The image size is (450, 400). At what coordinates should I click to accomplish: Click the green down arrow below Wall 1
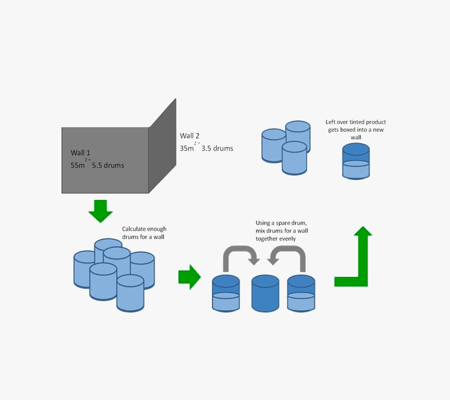click(x=100, y=210)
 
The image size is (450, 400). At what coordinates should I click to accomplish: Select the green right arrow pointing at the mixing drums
click(x=189, y=276)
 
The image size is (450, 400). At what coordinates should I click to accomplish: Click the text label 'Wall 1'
click(x=81, y=153)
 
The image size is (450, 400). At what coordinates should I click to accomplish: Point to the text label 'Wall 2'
click(x=189, y=136)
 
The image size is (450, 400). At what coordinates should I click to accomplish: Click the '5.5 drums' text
click(x=108, y=165)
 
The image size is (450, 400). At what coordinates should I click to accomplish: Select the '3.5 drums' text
click(x=217, y=148)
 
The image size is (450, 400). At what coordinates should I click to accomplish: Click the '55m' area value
click(x=78, y=165)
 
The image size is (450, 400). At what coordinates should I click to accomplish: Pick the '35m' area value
click(x=187, y=148)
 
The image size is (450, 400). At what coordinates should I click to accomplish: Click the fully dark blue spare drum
click(x=265, y=293)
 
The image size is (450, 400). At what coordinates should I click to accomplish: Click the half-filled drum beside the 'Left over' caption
click(x=355, y=161)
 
